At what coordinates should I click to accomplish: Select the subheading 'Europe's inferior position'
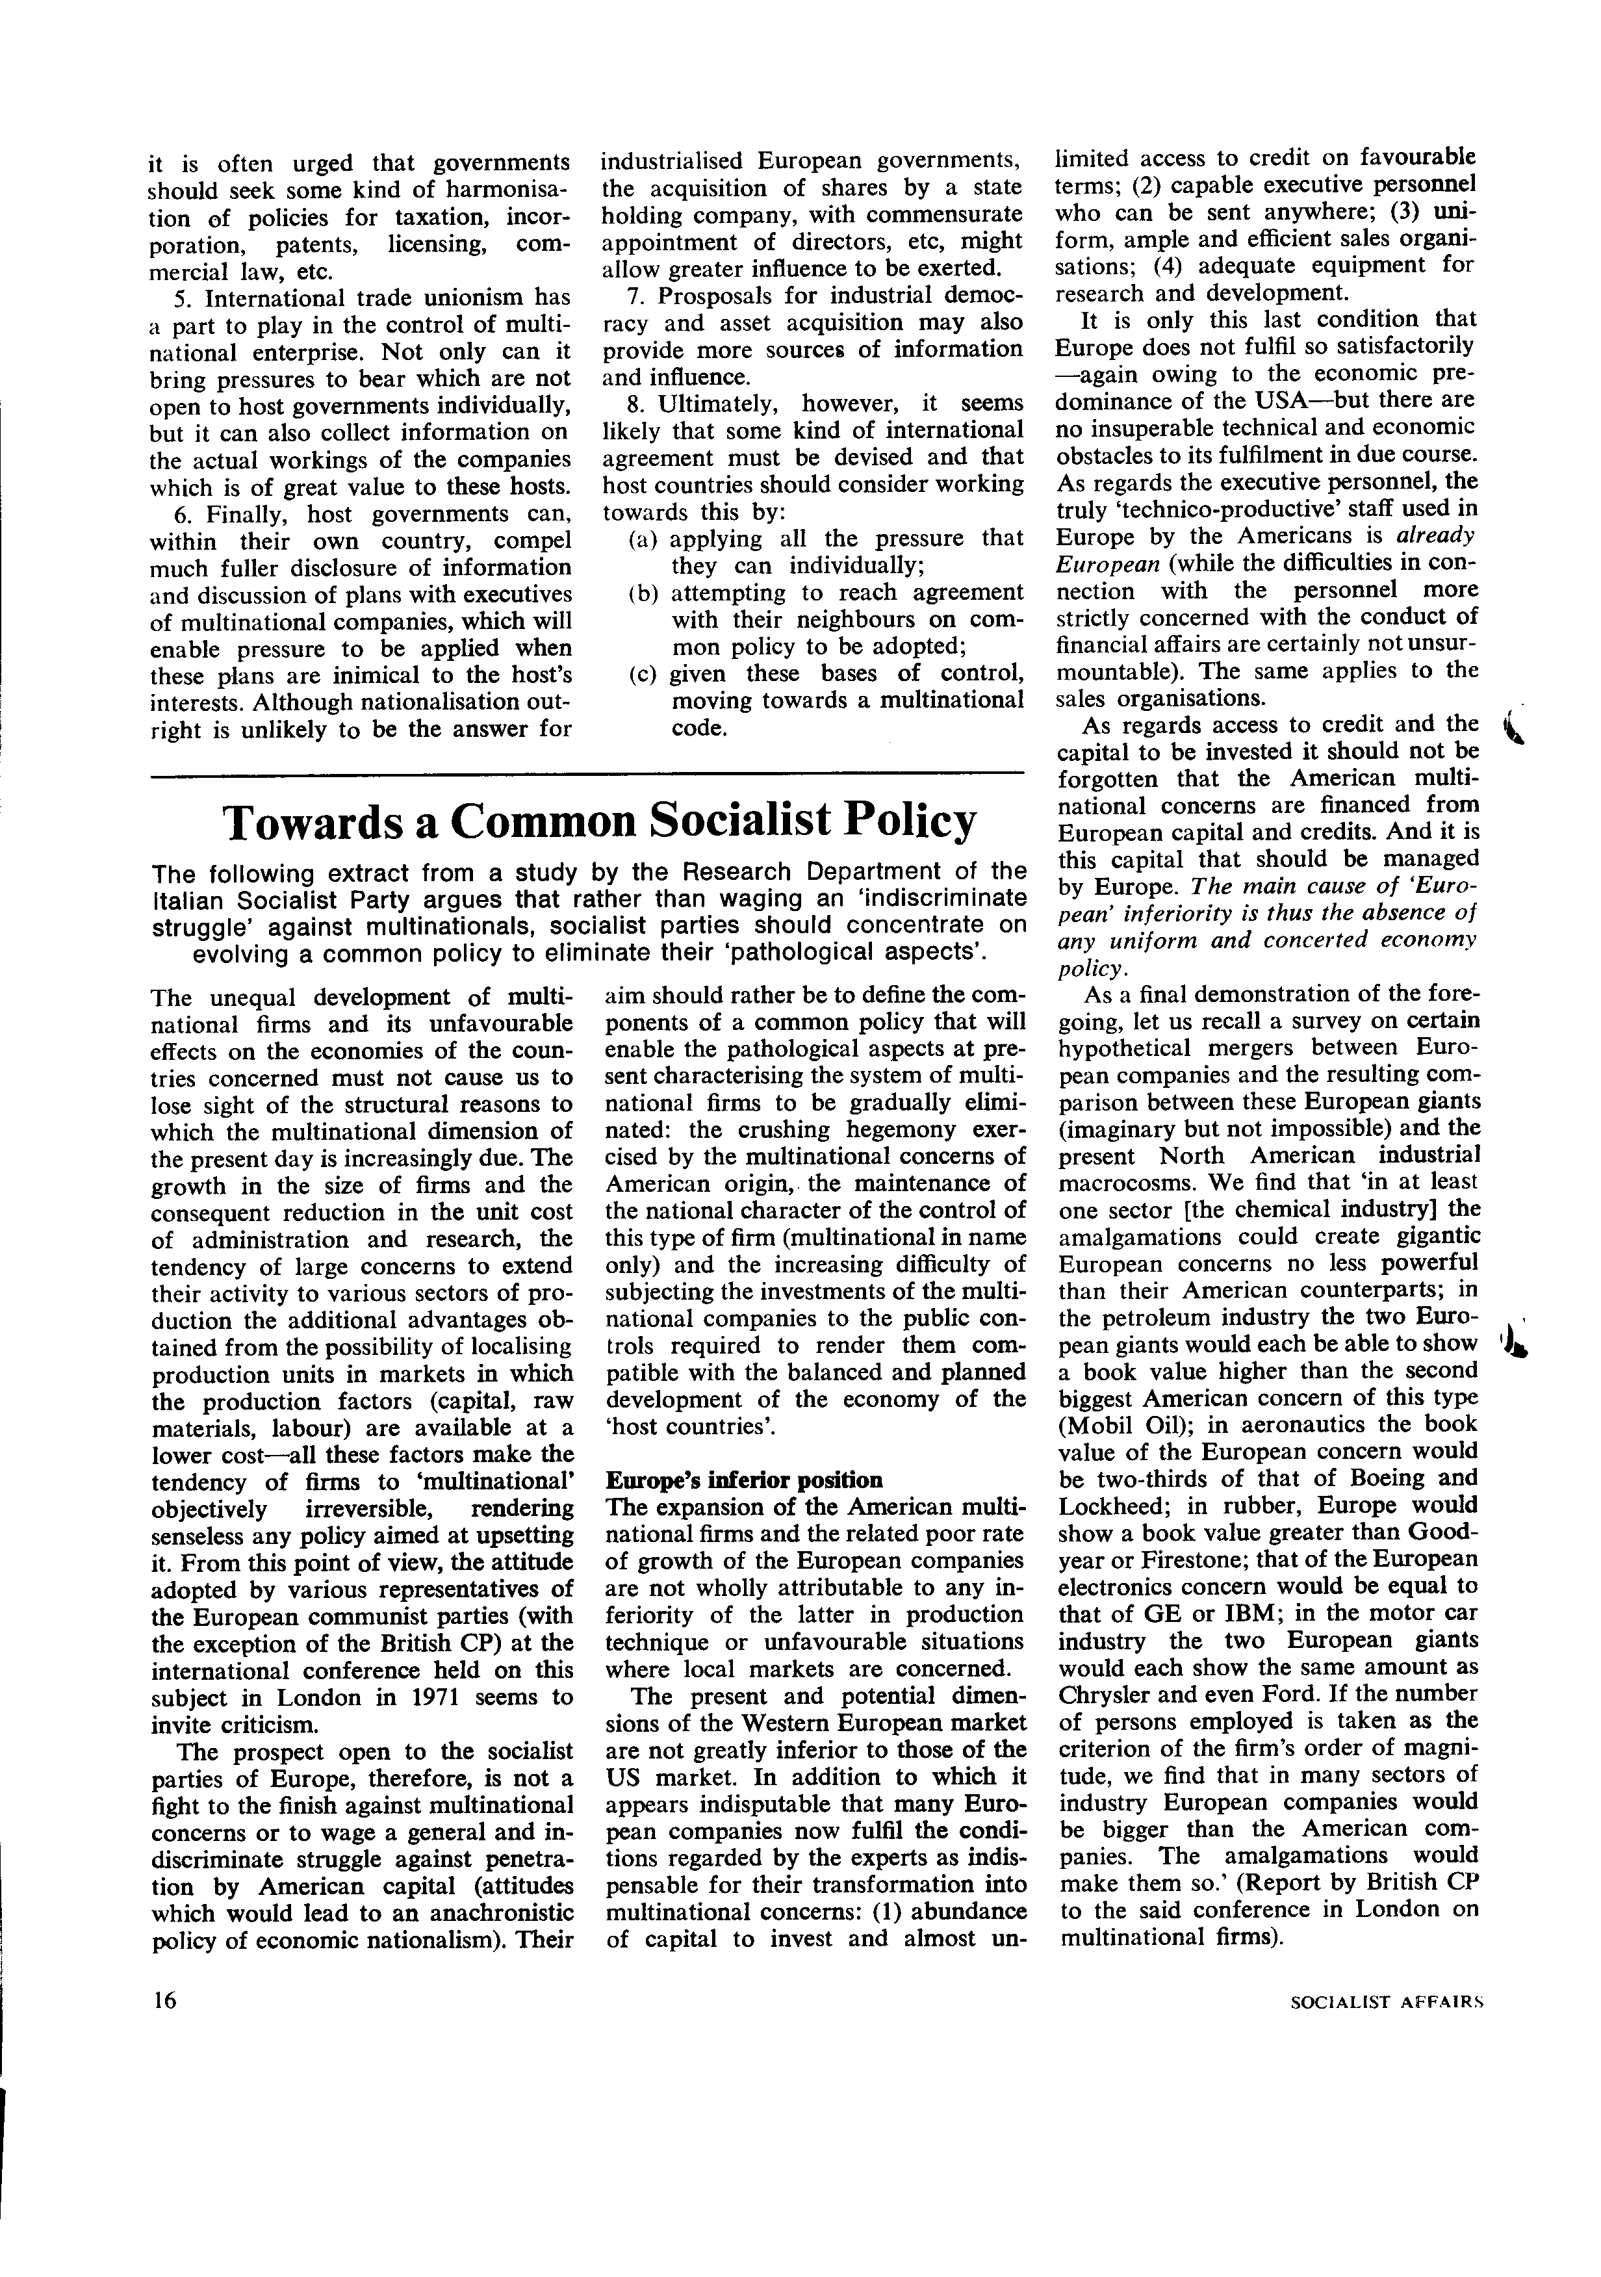(743, 1481)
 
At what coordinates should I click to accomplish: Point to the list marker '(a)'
(645, 539)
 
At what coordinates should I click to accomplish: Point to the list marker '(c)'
(645, 675)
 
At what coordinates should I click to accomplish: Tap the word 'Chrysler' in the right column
(1101, 1694)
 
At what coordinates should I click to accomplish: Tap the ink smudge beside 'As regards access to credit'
(1511, 733)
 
